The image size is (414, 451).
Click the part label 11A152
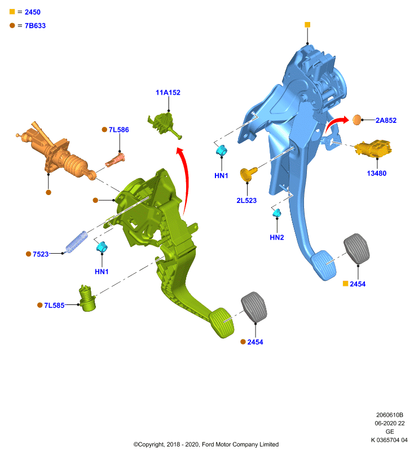(168, 92)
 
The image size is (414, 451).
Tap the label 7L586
(118, 130)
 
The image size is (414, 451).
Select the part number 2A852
(386, 121)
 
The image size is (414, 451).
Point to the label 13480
(377, 174)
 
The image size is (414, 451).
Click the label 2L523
(246, 201)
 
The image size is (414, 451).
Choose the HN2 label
(277, 237)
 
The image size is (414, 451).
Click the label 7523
(41, 254)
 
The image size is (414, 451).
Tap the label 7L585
(54, 306)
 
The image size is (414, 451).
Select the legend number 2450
(33, 12)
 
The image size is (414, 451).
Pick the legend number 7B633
(35, 25)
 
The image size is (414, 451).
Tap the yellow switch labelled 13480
(373, 148)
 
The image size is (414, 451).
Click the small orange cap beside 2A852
(356, 120)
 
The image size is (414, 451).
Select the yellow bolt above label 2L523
(248, 174)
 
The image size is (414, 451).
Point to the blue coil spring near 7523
(76, 242)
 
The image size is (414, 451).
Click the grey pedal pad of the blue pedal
(356, 249)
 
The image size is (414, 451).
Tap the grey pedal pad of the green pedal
(254, 307)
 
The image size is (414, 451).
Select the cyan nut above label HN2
(277, 213)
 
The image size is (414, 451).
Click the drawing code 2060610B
(390, 415)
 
